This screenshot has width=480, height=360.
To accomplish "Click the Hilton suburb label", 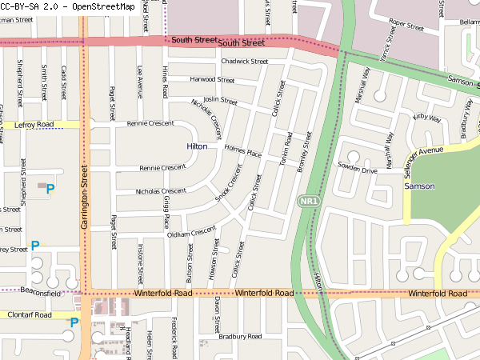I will (197, 147).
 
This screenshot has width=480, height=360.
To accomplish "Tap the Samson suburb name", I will (419, 186).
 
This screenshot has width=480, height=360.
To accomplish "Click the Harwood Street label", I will (212, 80).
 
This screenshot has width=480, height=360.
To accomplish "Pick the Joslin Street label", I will (221, 101).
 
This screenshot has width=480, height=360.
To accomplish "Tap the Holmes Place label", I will (243, 151).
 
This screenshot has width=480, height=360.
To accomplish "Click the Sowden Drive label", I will (357, 170).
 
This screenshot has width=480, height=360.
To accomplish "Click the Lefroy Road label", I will (34, 125).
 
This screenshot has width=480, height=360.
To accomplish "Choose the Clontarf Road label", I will (30, 315).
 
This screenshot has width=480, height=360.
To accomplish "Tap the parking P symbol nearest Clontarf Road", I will (74, 322).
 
